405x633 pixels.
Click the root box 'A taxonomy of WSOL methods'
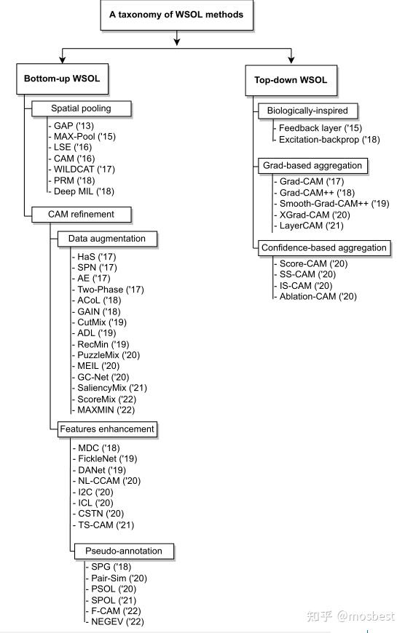coord(177,15)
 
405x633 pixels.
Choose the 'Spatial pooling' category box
coord(81,109)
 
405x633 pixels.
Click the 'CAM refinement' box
coord(82,215)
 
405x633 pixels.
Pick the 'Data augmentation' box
coord(107,239)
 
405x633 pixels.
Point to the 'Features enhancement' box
coord(106,429)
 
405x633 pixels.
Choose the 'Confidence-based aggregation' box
coord(323,248)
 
